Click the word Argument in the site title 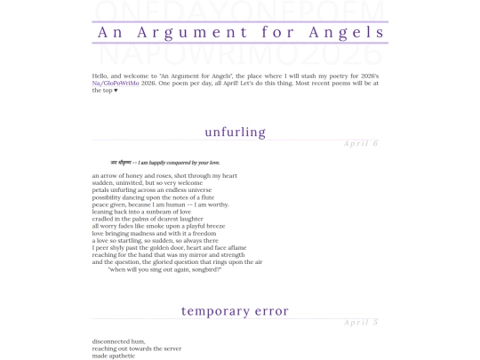point(186,32)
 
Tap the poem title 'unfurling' point(235,132)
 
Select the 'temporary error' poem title point(235,311)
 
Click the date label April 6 point(361,143)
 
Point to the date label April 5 point(361,322)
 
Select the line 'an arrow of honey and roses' point(164,176)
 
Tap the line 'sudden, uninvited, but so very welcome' point(152,183)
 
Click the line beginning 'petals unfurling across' point(152,190)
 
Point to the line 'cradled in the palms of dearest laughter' point(148,219)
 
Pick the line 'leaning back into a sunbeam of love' point(141,212)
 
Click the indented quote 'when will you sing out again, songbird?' point(164,269)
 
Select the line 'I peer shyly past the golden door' point(169,248)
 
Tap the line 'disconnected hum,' point(118,341)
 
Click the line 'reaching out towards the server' point(136,348)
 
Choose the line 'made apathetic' point(114,356)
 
